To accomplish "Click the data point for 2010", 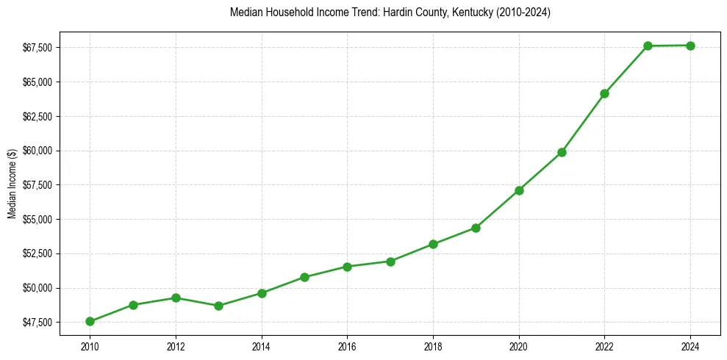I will click(90, 321).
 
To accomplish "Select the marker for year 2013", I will click(218, 306).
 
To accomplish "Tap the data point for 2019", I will click(476, 228).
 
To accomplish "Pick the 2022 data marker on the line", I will click(604, 93).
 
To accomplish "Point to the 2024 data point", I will click(690, 46).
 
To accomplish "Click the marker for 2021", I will click(562, 152).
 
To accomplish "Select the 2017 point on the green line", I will click(390, 262).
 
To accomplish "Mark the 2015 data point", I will click(304, 277).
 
